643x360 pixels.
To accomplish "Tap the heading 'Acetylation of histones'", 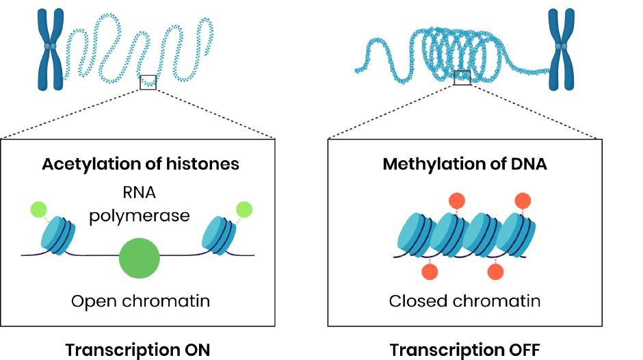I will (x=140, y=164).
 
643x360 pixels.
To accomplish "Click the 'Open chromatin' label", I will (x=140, y=301).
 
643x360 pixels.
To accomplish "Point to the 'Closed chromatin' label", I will (x=464, y=301).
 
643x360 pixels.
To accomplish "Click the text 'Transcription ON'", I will (x=137, y=350).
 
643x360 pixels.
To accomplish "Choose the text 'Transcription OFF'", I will (x=465, y=350).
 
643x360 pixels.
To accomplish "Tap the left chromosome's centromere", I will (x=49, y=47).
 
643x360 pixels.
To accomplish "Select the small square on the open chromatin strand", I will (x=148, y=82).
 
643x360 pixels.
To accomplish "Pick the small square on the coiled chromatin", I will (x=462, y=77).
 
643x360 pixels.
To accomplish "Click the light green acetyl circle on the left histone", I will (x=38, y=209).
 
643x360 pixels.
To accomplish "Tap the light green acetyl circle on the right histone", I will (x=244, y=209).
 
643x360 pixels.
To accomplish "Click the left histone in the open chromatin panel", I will (x=57, y=235).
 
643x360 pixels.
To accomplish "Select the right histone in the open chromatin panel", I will (x=220, y=235).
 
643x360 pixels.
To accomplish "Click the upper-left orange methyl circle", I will (x=457, y=201).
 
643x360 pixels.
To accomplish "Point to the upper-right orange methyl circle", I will (x=522, y=201).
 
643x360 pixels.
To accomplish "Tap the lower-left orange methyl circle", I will (x=430, y=272).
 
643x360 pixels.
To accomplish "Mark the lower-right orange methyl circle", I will (x=495, y=272).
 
